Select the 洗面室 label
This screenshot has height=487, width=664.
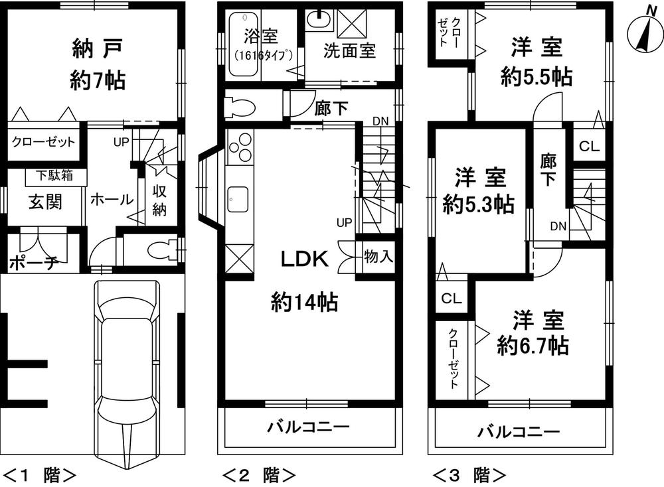tap(350, 52)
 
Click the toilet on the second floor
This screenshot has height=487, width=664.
tap(237, 106)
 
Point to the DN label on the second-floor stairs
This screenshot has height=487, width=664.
tap(380, 121)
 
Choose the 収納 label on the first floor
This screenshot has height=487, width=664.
tap(159, 202)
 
